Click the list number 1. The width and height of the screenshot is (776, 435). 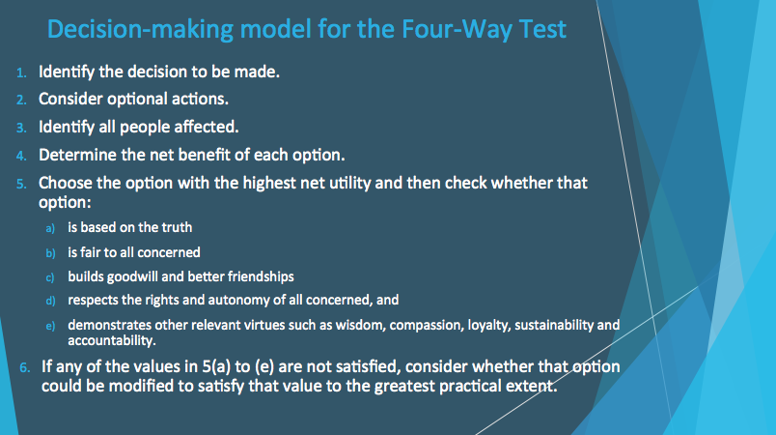(x=23, y=73)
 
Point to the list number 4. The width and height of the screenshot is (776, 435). (x=23, y=155)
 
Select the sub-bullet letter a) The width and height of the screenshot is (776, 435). (x=52, y=228)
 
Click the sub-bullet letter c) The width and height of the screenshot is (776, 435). (x=52, y=276)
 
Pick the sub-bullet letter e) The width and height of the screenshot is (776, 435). (x=52, y=327)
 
